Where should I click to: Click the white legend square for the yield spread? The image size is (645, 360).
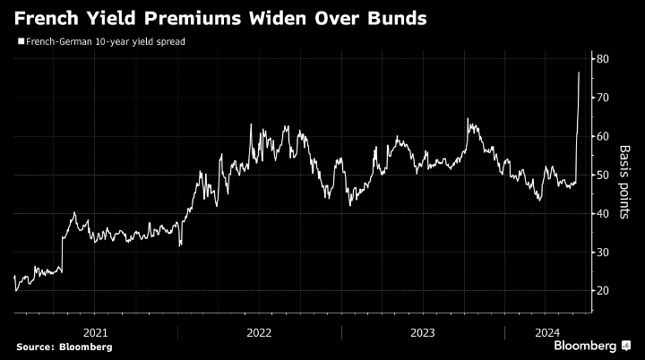click(x=20, y=41)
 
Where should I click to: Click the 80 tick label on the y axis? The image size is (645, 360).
click(x=603, y=59)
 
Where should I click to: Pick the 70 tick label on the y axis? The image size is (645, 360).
click(x=603, y=98)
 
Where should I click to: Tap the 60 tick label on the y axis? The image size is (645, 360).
click(x=603, y=136)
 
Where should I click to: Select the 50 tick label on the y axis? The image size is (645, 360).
click(x=603, y=175)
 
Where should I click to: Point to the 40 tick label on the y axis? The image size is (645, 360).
click(x=603, y=213)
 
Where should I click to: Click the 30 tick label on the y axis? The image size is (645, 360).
click(x=603, y=252)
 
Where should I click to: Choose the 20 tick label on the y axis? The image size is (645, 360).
click(x=603, y=291)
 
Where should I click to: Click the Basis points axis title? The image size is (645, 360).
click(x=625, y=175)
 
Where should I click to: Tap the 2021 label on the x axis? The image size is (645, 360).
click(x=96, y=331)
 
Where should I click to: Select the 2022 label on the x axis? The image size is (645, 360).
click(x=260, y=331)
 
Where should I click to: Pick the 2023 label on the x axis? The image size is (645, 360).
click(x=423, y=331)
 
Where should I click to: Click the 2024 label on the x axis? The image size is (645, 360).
click(x=546, y=331)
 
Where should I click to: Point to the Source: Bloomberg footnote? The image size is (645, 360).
click(x=64, y=347)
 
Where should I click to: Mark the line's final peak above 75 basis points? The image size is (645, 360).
click(x=579, y=73)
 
